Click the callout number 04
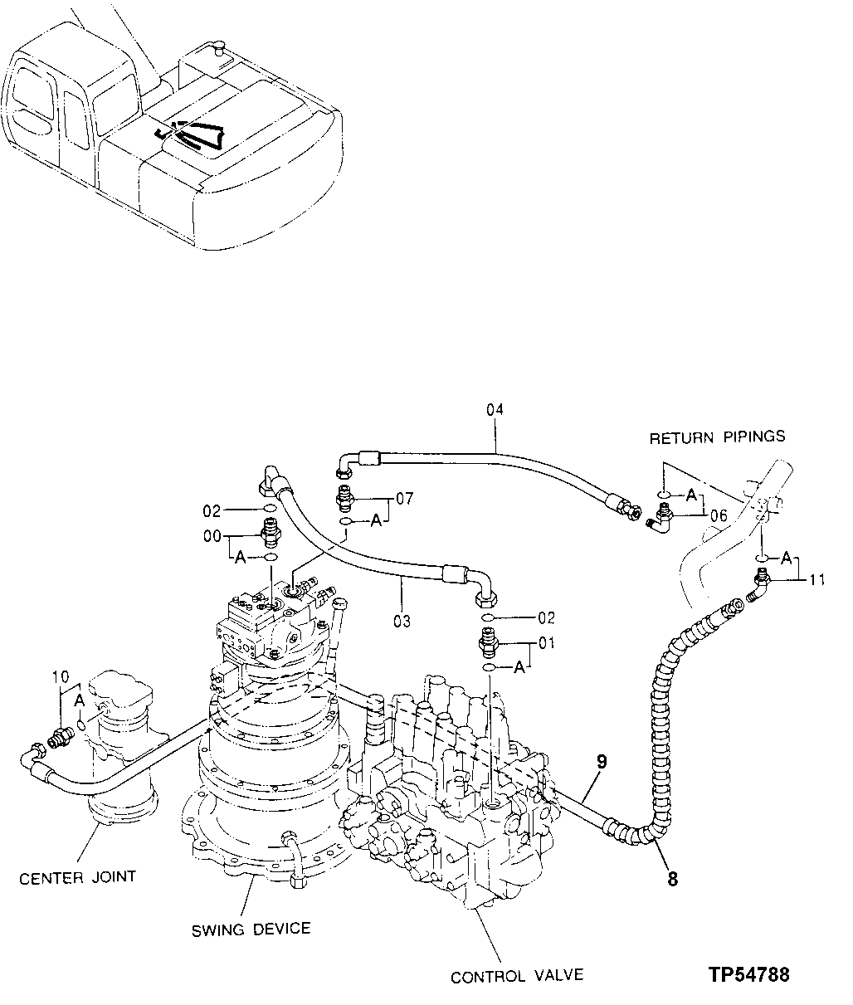[495, 409]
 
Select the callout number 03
[402, 620]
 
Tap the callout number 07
[404, 499]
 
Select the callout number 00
[213, 536]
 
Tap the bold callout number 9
[602, 761]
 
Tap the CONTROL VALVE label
[517, 977]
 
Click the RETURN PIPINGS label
[717, 437]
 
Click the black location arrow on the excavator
[195, 133]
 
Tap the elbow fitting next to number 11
[758, 584]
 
